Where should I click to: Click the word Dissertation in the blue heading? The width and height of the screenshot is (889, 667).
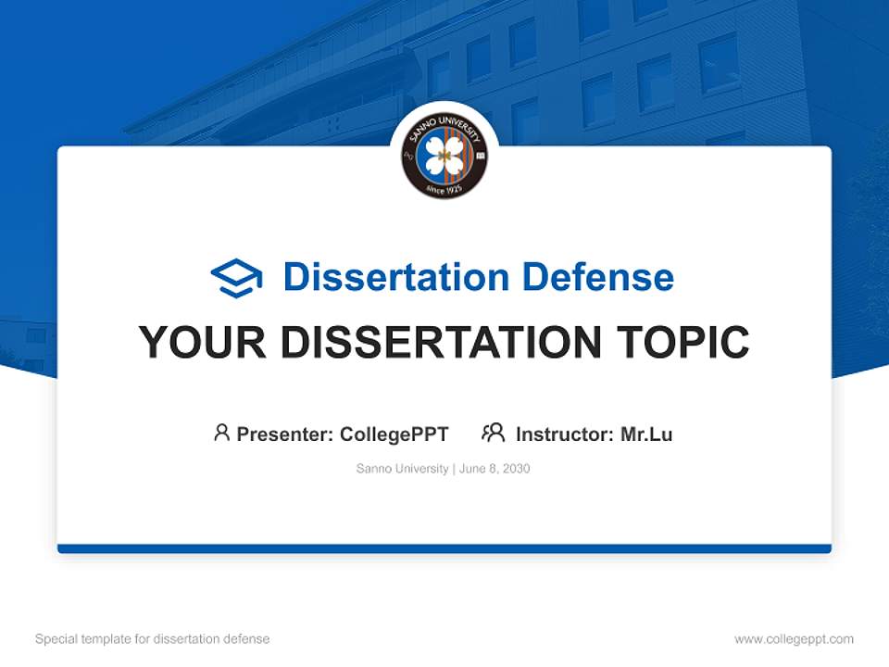pos(395,277)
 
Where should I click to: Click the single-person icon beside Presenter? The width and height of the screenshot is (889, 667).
pos(221,433)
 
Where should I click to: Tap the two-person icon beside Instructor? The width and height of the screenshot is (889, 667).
pos(493,433)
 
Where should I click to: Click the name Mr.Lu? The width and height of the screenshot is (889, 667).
pos(646,434)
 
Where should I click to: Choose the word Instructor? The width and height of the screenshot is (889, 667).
pos(565,434)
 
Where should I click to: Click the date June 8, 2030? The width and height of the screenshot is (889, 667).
pos(495,469)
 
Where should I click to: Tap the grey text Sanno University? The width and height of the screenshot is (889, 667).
pos(402,469)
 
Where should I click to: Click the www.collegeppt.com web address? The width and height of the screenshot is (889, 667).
pos(794,639)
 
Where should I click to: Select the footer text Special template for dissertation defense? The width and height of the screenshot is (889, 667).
pos(153,639)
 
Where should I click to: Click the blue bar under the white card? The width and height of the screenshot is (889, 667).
pos(444,548)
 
